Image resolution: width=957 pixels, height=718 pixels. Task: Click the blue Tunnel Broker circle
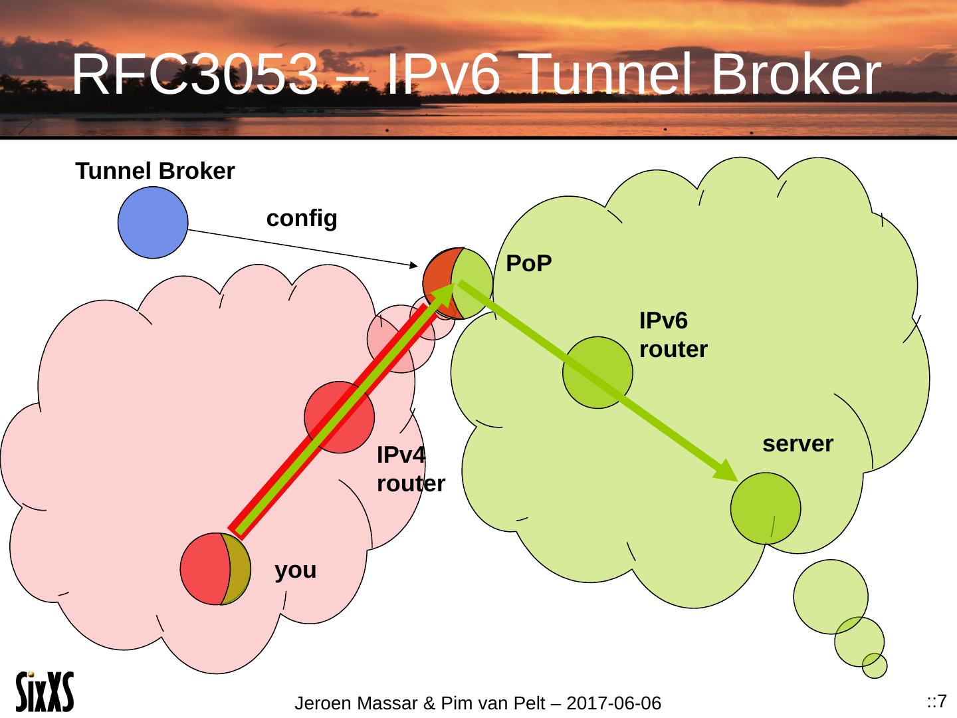pos(153,222)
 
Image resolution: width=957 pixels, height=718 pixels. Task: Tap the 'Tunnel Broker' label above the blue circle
pos(155,171)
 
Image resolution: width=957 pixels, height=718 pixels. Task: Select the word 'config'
pos(302,219)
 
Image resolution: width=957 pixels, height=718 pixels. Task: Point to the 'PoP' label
pos(529,263)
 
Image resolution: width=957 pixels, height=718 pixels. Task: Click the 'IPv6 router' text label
pos(673,335)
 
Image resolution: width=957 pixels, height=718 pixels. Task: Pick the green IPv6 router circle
pos(597,372)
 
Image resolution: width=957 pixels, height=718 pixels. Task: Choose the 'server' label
pos(798,444)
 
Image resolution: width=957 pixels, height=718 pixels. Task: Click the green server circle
pos(766,509)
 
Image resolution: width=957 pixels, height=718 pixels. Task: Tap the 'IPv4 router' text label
pos(411,469)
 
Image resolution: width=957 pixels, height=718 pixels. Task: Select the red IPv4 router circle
pos(339,418)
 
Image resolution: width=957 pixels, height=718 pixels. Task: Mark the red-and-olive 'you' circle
pos(215,568)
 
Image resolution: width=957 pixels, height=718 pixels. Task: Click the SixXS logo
pos(45,692)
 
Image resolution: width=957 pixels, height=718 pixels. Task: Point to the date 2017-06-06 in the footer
pos(613,703)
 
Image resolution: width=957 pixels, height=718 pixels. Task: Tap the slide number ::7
pos(936,701)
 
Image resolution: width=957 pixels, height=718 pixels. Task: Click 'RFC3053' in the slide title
pos(195,74)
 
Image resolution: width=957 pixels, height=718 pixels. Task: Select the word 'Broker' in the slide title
pos(796,74)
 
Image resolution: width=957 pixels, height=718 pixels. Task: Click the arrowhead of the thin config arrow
pos(414,265)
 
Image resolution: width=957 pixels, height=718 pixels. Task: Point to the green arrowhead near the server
pos(725,471)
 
